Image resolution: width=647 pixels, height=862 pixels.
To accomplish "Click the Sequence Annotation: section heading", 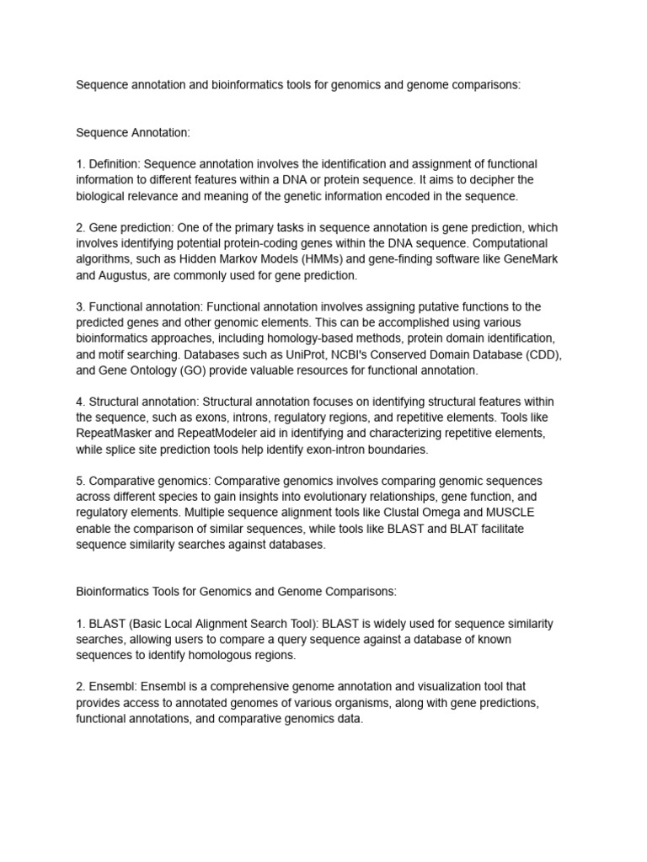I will click(133, 132).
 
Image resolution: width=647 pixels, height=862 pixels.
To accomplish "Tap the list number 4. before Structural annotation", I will click(81, 402).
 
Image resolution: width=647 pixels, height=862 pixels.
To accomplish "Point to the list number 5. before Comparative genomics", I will click(81, 481).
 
